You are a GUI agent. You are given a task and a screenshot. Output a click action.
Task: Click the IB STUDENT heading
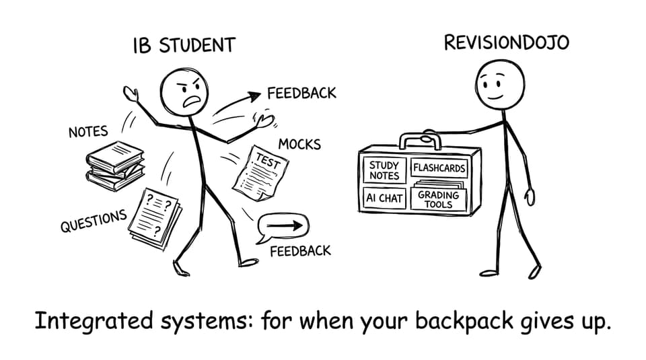tap(184, 45)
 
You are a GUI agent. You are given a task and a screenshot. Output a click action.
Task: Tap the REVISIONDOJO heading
tap(506, 43)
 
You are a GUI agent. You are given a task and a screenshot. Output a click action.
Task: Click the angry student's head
tap(184, 93)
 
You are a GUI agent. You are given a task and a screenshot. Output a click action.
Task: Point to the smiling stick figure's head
tap(500, 85)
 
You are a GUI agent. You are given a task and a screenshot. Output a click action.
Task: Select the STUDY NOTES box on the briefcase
tap(384, 170)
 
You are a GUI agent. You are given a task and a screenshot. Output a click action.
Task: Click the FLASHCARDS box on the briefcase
tap(439, 168)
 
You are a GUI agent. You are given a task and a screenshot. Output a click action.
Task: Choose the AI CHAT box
tap(384, 199)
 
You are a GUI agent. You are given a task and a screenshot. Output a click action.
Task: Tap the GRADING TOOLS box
tap(438, 199)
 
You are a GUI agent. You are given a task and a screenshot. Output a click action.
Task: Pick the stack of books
tap(115, 166)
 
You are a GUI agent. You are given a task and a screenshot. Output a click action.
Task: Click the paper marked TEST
tap(260, 174)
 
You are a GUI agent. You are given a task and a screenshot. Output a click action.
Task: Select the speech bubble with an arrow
tap(282, 227)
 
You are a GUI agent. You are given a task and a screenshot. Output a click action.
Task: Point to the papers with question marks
tap(155, 219)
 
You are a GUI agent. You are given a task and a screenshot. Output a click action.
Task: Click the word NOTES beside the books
tap(88, 132)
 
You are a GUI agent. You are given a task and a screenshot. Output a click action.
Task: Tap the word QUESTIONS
tap(94, 221)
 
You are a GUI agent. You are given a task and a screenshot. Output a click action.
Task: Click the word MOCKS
tap(299, 144)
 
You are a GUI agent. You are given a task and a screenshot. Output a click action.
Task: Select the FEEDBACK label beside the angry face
tap(301, 93)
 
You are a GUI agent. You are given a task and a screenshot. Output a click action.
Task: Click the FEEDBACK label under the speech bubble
tap(300, 251)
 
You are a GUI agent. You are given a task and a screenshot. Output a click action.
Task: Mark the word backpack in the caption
tap(464, 320)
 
